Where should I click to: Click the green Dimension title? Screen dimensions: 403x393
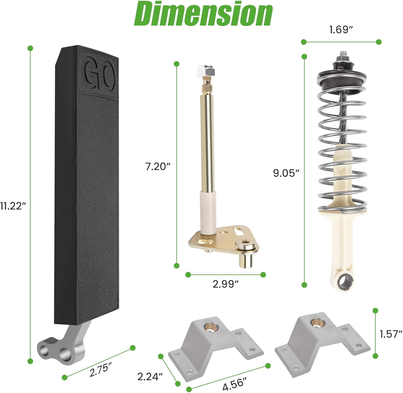(203, 14)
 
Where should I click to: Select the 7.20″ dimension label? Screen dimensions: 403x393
(158, 167)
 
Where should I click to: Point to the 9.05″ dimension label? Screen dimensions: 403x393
(286, 173)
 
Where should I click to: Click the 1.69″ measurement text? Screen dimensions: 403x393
(341, 29)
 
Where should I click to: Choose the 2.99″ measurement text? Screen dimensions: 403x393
(226, 284)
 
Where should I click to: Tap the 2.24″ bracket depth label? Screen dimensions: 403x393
(150, 377)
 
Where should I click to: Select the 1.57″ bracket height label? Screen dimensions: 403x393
(391, 334)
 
